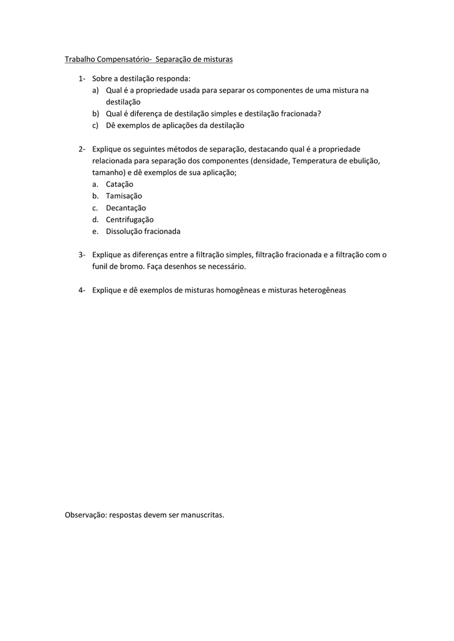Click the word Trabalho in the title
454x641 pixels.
[80, 59]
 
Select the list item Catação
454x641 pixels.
[120, 184]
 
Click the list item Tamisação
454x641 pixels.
[124, 196]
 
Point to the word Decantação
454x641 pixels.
[126, 208]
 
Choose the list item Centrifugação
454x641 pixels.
[130, 220]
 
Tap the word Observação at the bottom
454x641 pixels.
[86, 515]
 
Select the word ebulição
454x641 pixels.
[363, 161]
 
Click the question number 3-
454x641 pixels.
[82, 255]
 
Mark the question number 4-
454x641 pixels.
[82, 290]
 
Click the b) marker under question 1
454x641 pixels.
[96, 114]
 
